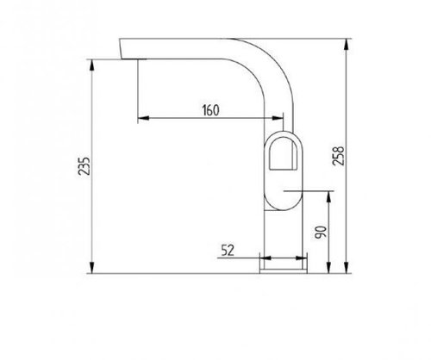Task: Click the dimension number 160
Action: pyautogui.click(x=210, y=110)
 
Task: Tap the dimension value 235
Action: pyautogui.click(x=84, y=166)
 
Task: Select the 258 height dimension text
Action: pyautogui.click(x=338, y=156)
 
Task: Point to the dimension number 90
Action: pyautogui.click(x=321, y=233)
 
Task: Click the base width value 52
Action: pyautogui.click(x=228, y=251)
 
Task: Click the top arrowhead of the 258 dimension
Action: pyautogui.click(x=347, y=44)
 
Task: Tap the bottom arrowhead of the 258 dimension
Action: pyautogui.click(x=347, y=268)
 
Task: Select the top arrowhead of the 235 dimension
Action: pyautogui.click(x=92, y=65)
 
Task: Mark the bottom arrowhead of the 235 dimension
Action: pyautogui.click(x=92, y=268)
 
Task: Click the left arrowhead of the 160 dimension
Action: pyautogui.click(x=144, y=118)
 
